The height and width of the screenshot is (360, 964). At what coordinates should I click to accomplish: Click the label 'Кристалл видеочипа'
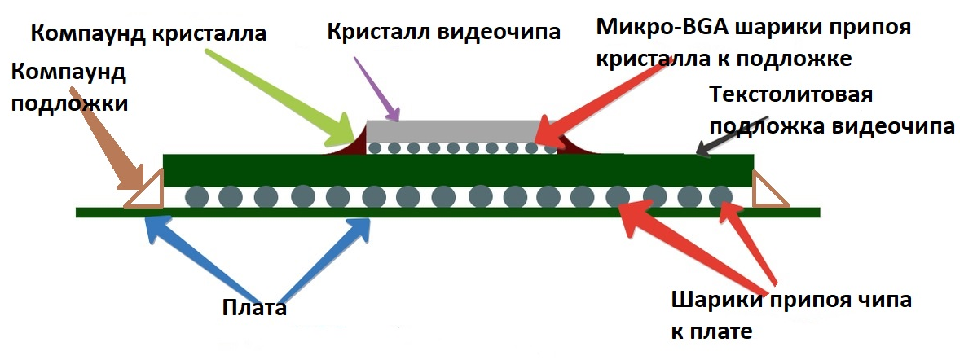(443, 33)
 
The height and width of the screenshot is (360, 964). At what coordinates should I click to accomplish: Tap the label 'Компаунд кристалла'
(149, 34)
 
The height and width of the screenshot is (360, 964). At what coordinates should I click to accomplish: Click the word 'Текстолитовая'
(791, 94)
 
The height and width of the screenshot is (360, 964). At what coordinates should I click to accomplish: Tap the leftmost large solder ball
(196, 196)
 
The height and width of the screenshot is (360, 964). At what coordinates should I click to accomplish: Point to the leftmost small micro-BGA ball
(375, 148)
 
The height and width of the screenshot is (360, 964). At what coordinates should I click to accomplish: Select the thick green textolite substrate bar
(456, 169)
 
